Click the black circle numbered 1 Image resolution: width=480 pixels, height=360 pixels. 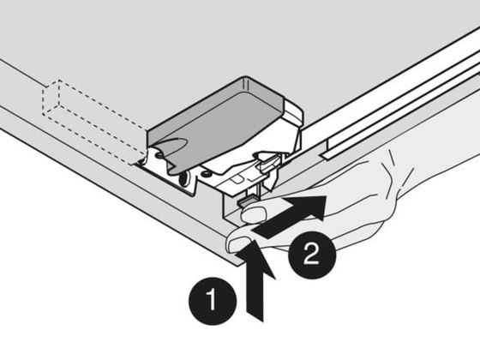(213, 301)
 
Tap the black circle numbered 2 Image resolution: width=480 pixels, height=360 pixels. (312, 255)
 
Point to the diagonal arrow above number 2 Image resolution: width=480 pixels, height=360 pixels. (290, 216)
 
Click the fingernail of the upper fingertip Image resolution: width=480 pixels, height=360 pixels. (254, 213)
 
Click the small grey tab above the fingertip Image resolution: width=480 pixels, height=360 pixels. (245, 201)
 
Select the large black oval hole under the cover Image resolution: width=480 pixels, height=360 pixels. (183, 179)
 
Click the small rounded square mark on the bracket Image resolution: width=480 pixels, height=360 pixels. (235, 180)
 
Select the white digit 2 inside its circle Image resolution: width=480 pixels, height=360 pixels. (311, 255)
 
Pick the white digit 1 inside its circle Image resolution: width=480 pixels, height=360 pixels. (211, 301)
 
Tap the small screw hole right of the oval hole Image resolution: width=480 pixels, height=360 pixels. (206, 174)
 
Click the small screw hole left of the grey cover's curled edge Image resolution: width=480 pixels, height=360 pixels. (159, 155)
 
